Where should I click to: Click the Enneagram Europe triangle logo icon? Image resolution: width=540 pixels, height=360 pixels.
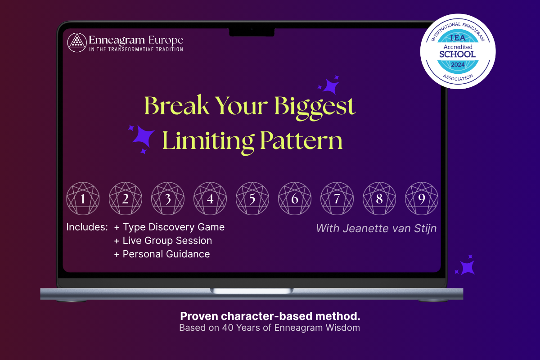(77, 43)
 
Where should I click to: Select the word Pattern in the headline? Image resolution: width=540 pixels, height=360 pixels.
(301, 140)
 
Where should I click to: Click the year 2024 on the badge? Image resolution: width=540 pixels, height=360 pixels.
(458, 65)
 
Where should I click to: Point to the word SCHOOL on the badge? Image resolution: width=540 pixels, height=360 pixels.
(458, 54)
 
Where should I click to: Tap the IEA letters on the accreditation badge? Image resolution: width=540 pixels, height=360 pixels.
(458, 38)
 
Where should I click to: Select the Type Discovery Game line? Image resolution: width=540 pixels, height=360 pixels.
(169, 227)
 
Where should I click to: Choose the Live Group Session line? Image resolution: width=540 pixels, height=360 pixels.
(163, 241)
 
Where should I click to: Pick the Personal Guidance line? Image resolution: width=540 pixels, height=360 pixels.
(162, 254)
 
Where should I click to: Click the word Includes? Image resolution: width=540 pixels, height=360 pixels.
(87, 227)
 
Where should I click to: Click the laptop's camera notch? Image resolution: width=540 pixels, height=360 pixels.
(252, 32)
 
